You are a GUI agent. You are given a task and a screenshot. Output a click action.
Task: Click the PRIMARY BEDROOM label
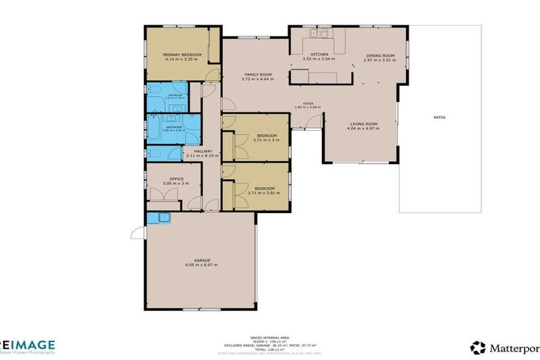click(182, 55)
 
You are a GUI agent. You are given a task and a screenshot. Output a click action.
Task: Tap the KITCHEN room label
click(320, 55)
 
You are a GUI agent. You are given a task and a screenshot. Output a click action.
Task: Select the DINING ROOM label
click(380, 56)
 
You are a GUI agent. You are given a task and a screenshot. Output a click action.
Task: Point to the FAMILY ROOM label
click(258, 75)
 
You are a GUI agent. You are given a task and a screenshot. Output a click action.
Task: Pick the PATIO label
click(439, 117)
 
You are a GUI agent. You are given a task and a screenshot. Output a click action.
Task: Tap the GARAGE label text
click(201, 260)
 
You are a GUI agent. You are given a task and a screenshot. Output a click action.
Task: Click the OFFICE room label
click(176, 179)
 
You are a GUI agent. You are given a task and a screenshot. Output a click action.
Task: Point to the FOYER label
click(308, 103)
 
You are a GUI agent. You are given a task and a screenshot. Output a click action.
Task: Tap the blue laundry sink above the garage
click(164, 217)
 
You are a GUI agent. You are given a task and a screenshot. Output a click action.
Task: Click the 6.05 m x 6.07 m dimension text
click(201, 265)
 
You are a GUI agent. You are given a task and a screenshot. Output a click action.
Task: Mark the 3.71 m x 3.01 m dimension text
click(264, 193)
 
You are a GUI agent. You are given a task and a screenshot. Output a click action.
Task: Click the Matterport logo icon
click(477, 347)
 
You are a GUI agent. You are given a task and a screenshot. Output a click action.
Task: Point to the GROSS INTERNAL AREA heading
click(269, 337)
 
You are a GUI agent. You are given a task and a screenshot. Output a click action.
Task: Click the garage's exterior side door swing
click(137, 233)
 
